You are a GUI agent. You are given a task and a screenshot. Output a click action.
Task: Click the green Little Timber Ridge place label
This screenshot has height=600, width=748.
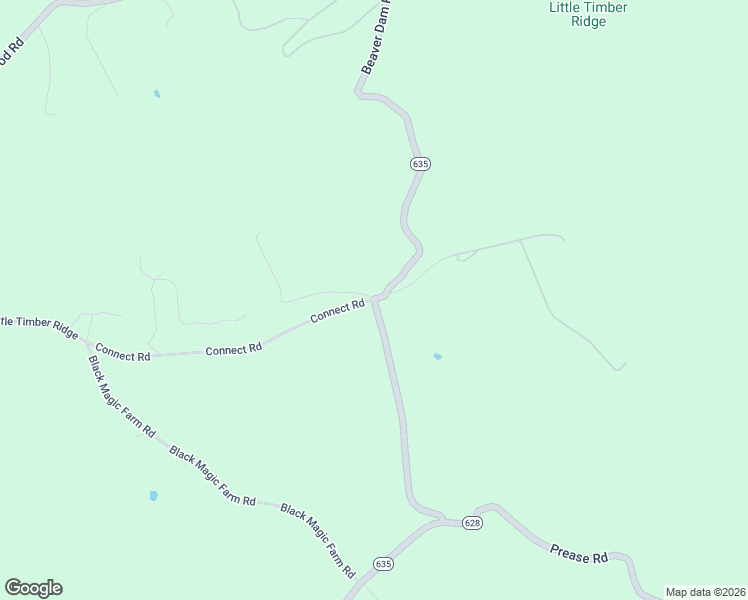click(588, 14)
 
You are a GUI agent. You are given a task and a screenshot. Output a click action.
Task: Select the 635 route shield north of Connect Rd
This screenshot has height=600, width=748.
click(419, 164)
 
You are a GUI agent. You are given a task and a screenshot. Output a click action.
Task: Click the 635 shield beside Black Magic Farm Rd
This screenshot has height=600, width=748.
click(384, 564)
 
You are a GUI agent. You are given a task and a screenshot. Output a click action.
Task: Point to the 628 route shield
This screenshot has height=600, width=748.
click(473, 523)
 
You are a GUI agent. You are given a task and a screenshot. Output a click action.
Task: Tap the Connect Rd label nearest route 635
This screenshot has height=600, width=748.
click(337, 311)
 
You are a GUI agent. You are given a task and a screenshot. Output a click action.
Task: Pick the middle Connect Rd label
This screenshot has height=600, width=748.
click(233, 348)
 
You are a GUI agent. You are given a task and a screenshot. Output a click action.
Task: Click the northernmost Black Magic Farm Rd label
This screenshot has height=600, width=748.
click(121, 396)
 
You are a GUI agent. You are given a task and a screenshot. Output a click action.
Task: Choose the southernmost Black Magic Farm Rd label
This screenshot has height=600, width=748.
click(318, 542)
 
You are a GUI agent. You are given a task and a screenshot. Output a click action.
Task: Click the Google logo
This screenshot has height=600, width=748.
click(33, 588)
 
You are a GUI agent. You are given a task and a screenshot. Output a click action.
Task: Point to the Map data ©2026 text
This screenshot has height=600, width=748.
click(705, 592)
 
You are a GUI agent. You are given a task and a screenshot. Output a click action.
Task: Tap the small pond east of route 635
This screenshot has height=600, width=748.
click(437, 356)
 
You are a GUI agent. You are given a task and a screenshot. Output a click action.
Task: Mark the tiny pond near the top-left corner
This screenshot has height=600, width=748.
click(156, 94)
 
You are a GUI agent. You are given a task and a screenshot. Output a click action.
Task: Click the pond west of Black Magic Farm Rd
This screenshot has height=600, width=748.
click(153, 495)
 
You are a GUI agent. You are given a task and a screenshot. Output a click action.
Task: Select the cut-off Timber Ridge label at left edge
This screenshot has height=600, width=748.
click(38, 324)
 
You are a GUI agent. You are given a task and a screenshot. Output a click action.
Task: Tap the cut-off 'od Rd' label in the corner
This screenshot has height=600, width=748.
click(11, 50)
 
